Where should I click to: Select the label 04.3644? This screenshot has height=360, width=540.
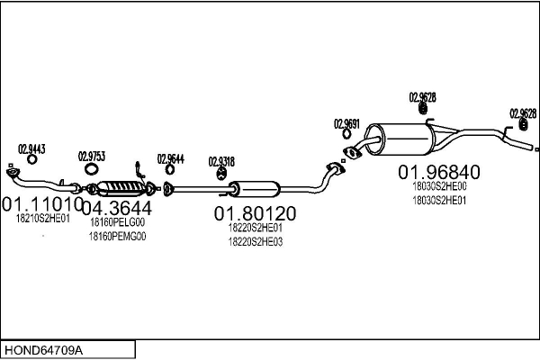point(117,207)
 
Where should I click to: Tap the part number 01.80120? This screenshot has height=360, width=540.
point(255,213)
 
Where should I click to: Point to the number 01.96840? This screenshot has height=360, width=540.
point(439,172)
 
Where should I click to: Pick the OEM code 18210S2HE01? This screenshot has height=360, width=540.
point(42,219)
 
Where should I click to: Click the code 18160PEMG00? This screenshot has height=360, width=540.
point(117,236)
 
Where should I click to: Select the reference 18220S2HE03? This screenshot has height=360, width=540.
point(255,241)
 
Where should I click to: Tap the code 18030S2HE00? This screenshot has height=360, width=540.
point(439,186)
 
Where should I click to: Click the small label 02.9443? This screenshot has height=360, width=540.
point(31,148)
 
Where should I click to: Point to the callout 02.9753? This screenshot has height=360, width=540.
point(92,156)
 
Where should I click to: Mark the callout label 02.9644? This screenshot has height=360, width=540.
point(170,158)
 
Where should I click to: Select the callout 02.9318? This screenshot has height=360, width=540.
point(221,161)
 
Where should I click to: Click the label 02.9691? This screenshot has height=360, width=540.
point(346,123)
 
